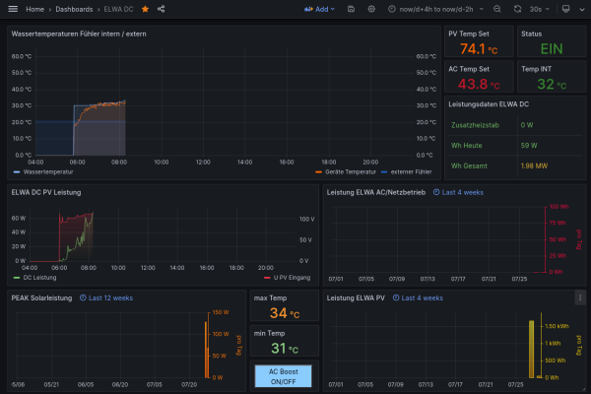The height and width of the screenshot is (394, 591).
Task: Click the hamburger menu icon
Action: click(x=13, y=9)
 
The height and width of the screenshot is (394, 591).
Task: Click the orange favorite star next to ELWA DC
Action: click(x=146, y=9)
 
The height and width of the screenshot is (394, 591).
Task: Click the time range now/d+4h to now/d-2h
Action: click(x=444, y=9)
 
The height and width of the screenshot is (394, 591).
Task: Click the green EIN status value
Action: click(x=551, y=49)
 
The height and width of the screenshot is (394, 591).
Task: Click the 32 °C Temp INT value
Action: click(x=551, y=85)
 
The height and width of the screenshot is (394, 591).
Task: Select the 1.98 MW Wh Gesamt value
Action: click(x=535, y=164)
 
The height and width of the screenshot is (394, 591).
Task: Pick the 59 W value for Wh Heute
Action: click(x=528, y=145)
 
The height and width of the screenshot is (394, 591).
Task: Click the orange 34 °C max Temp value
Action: click(x=284, y=313)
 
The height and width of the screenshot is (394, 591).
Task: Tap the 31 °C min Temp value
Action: click(x=284, y=348)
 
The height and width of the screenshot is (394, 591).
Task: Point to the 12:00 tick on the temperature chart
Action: click(x=203, y=162)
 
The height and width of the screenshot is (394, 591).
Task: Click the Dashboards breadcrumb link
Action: click(x=75, y=9)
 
